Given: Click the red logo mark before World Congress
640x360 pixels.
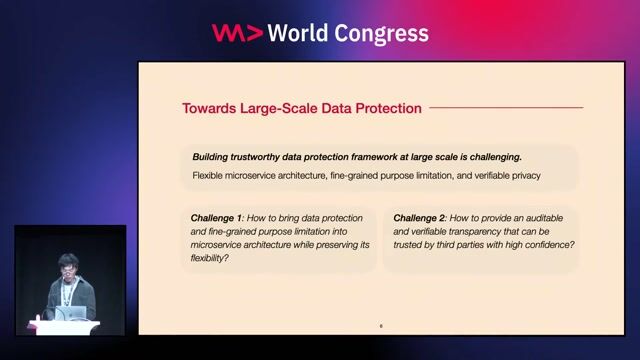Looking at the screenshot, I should pyautogui.click(x=238, y=33).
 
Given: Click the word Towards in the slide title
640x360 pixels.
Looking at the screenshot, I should pyautogui.click(x=209, y=108).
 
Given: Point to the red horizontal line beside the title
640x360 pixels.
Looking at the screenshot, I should pyautogui.click(x=505, y=108).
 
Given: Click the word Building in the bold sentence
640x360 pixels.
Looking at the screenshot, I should pyautogui.click(x=213, y=158).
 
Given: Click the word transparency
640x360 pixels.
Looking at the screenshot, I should pyautogui.click(x=470, y=231).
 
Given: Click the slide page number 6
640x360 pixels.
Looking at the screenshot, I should pyautogui.click(x=381, y=326).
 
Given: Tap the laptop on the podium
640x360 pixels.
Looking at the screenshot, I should pyautogui.click(x=71, y=314).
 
